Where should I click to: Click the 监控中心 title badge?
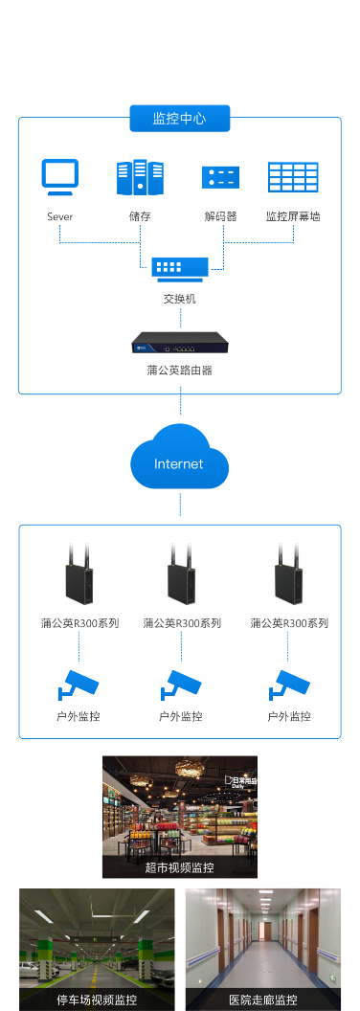180,119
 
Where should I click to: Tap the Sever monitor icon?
59,177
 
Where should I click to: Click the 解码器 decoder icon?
220,178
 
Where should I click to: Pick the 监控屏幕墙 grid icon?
293,178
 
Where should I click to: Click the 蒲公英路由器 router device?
180,340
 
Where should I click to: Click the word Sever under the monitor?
59,216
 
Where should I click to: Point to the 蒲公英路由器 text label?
180,369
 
